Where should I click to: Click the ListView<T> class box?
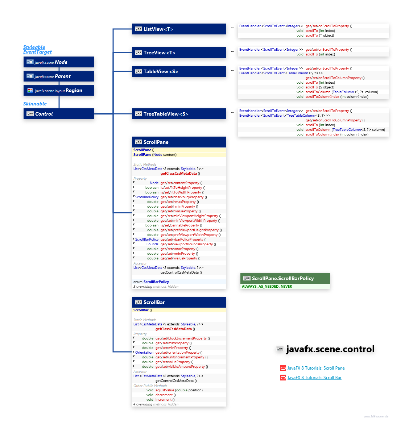click(x=179, y=29)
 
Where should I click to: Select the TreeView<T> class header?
click(x=179, y=53)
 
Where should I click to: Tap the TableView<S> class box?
click(x=179, y=71)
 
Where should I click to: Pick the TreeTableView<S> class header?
click(x=179, y=114)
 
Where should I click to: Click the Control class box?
click(x=59, y=114)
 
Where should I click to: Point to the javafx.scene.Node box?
click(x=59, y=62)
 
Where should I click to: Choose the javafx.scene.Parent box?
click(x=59, y=76)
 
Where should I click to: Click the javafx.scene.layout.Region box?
click(x=59, y=90)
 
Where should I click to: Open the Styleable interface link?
click(x=34, y=47)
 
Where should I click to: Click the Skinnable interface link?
click(x=35, y=104)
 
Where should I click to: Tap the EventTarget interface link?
click(x=37, y=52)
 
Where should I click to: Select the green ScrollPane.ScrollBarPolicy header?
click(x=285, y=278)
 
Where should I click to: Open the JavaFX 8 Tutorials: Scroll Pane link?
click(x=316, y=368)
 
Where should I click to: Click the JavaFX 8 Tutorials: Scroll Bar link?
click(x=314, y=378)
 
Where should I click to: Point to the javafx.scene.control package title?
click(x=330, y=349)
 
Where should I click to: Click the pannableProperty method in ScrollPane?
click(x=181, y=225)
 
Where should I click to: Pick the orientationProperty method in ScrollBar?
click(x=179, y=353)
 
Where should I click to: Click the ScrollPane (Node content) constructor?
click(x=155, y=155)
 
